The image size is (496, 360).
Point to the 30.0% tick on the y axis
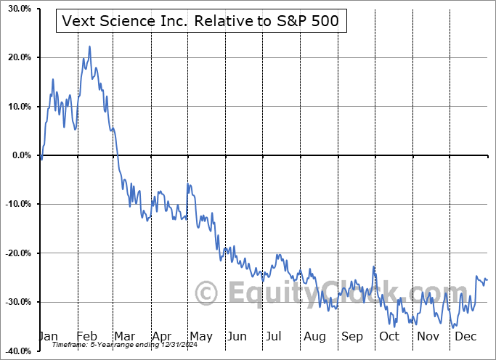coord(16,9)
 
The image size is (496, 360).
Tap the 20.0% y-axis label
coord(16,57)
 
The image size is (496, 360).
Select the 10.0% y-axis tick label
coord(16,107)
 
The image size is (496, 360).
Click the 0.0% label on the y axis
coord(19,155)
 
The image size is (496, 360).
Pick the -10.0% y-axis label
coord(15,204)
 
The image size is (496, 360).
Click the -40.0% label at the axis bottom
coord(15,351)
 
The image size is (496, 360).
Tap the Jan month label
coord(47,337)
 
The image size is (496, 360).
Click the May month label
coord(200,337)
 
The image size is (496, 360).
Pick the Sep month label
coord(352,337)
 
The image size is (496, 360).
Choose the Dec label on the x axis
coord(465,337)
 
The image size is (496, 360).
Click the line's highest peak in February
coord(89,46)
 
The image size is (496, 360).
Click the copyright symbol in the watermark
coord(208,294)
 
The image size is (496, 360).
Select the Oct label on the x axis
coord(389,337)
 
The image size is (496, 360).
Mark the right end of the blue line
coord(487,280)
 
